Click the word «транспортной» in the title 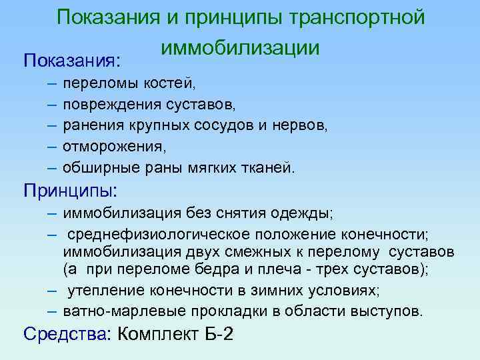[x=357, y=17]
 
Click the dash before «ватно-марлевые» [x=52, y=311]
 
